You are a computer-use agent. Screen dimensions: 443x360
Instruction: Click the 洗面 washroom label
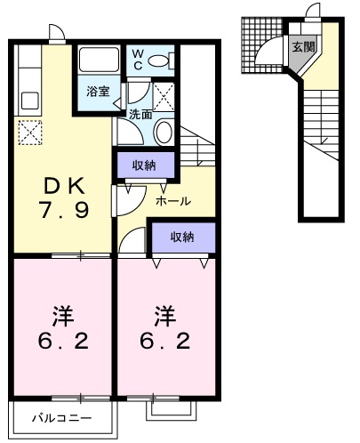140,114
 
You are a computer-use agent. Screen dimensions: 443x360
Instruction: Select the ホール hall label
172,201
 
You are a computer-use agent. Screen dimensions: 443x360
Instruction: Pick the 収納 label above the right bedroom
182,237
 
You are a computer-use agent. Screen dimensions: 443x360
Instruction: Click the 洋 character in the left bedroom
60,317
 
